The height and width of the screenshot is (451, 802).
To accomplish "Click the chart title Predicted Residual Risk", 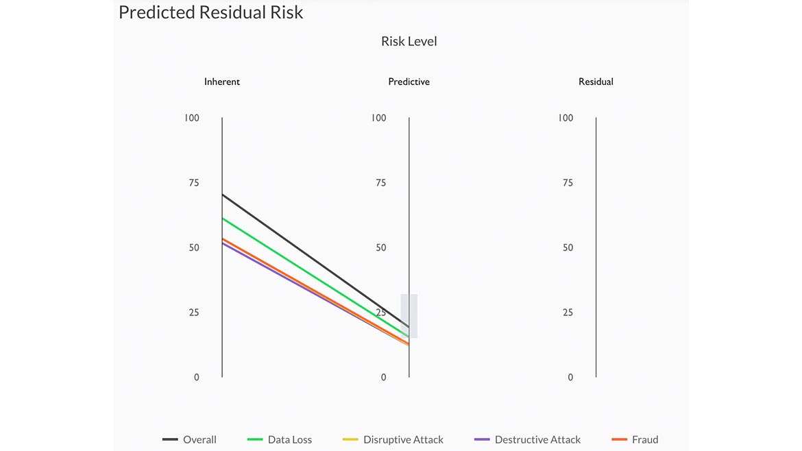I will pos(210,12).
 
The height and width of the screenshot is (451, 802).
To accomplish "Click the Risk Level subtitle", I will pos(409,41).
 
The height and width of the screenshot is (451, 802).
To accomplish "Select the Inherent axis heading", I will pos(222,82).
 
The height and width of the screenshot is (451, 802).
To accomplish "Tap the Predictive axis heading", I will pos(409,82).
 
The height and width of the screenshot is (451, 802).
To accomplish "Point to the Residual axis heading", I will pos(596,82).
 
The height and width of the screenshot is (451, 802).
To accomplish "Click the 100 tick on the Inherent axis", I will pos(192,118).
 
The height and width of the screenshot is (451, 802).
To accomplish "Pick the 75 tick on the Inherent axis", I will pos(194,183).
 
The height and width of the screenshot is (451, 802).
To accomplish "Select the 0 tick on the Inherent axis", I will pos(197,377).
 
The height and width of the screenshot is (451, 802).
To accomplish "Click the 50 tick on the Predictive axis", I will pos(381,247).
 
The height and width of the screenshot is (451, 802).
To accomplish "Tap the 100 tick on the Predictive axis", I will pos(379,118).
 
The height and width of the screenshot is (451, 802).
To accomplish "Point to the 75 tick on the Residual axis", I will pos(568,183).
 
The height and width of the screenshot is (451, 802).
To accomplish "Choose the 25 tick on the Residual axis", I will pos(568,313).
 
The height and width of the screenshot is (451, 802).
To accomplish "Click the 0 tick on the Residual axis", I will pos(570,377).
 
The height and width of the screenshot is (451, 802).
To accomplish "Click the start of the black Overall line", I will pos(223,195).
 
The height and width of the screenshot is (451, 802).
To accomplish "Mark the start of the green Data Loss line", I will pos(223,218).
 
